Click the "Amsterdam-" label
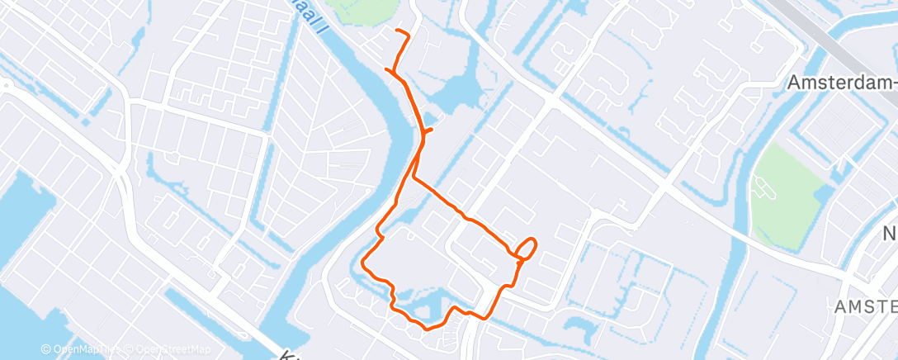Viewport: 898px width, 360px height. pos(841,83)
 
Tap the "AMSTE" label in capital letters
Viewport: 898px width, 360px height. pos(864,306)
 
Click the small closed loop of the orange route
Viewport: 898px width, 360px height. pos(527,247)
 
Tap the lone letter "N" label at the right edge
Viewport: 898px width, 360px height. pos(891,232)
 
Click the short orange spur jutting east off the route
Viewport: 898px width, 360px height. pos(429,130)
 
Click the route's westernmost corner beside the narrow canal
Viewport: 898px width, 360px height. pos(364,264)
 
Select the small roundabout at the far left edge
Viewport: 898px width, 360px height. pos(5,85)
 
